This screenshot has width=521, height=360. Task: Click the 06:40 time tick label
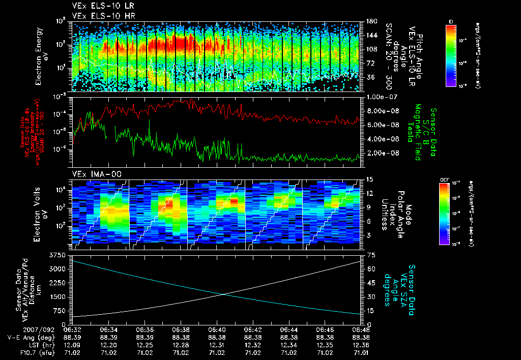217,330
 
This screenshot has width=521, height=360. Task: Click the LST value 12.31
217,344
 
